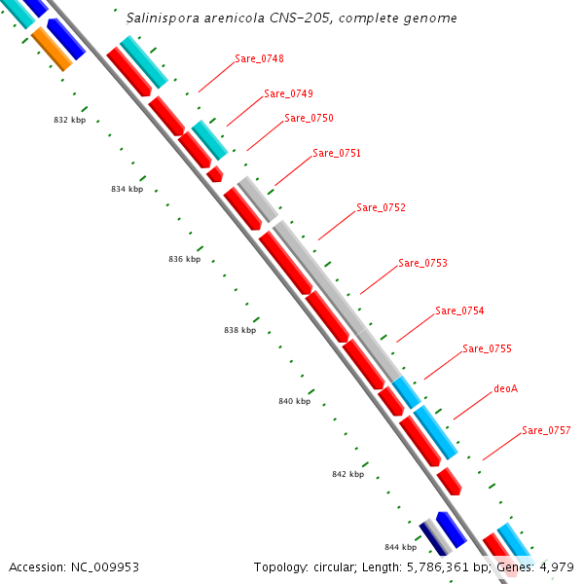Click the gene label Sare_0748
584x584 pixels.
click(x=259, y=58)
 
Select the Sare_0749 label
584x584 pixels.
click(x=289, y=93)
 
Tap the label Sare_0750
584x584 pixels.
click(x=310, y=119)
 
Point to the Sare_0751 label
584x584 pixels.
click(x=337, y=154)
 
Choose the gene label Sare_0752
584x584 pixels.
click(x=381, y=208)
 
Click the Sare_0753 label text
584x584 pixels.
click(x=422, y=264)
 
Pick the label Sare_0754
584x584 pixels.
click(x=459, y=311)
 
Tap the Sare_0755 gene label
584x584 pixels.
click(x=488, y=349)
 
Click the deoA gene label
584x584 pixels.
click(x=506, y=388)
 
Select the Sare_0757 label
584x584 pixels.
click(x=546, y=431)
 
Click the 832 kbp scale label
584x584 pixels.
click(x=70, y=120)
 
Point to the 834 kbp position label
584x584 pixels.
click(x=127, y=189)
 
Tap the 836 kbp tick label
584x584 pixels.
click(x=184, y=259)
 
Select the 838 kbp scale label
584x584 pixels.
click(x=239, y=330)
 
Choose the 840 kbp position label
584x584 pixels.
click(x=295, y=401)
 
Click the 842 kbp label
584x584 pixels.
click(x=348, y=475)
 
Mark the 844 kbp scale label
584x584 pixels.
click(x=401, y=547)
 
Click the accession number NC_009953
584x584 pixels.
click(x=105, y=567)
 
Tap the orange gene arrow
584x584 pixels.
click(x=52, y=50)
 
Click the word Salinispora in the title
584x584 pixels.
click(x=163, y=18)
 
